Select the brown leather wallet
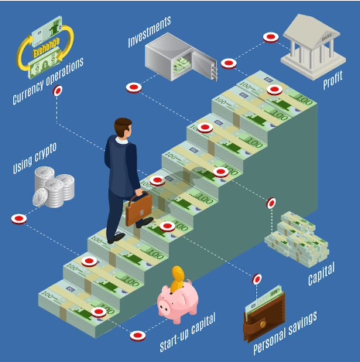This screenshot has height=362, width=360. point(264,317)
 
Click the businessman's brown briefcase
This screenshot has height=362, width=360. point(139,210)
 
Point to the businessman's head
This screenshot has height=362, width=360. point(123,128)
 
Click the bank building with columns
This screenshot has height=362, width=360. point(313,47)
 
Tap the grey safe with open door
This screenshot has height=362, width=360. point(180,56)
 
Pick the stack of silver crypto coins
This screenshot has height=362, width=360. point(53,187)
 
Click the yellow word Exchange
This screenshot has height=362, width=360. point(46,48)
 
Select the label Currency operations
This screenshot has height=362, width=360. point(48,80)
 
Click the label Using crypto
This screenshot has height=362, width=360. point(35,158)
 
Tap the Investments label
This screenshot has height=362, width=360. point(149,32)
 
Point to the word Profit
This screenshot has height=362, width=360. point(333,80)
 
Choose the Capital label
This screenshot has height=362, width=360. point(321,273)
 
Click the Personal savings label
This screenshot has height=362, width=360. point(285,333)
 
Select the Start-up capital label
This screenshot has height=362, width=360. point(187,333)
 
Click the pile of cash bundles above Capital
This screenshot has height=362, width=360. point(297,239)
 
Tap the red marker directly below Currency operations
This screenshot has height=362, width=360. point(57,90)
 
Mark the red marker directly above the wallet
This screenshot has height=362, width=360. point(257,279)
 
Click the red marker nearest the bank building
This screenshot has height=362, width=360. point(271,38)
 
